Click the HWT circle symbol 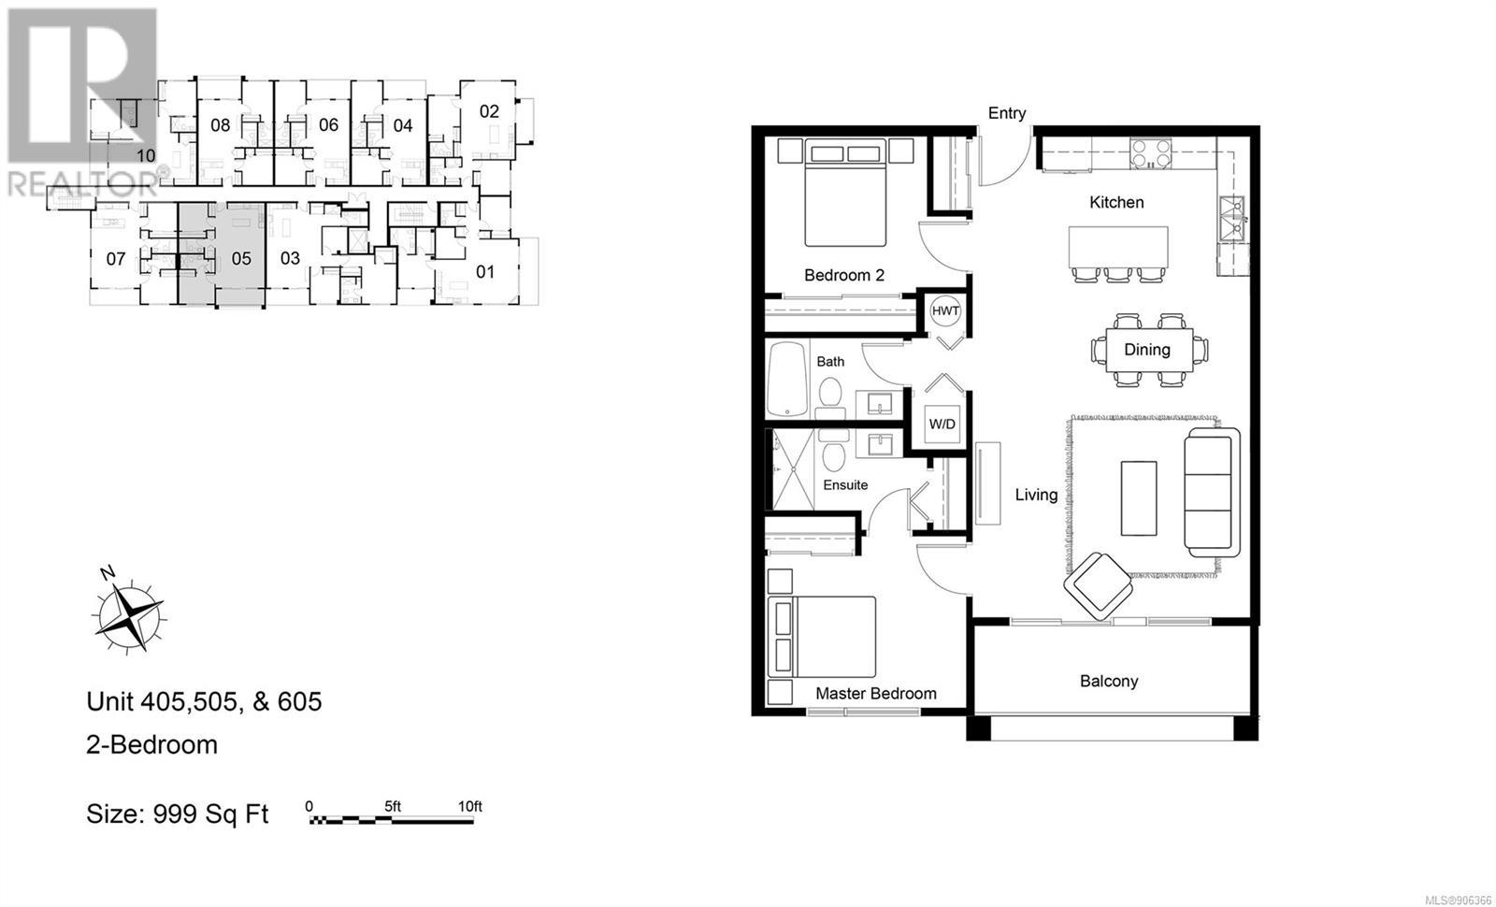click(945, 310)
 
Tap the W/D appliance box click(942, 424)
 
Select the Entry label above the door click(1006, 113)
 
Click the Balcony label click(1109, 681)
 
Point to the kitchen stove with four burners click(1150, 153)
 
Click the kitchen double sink click(1231, 219)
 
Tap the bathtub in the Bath click(787, 380)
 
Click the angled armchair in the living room click(1098, 585)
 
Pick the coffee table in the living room click(1139, 497)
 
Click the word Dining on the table click(1146, 350)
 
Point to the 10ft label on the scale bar click(469, 806)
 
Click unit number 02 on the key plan click(489, 111)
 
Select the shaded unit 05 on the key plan click(222, 254)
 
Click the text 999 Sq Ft click(210, 814)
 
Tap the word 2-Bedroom click(151, 744)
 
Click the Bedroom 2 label click(844, 275)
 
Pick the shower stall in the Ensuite click(794, 469)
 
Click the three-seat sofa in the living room click(1212, 493)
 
